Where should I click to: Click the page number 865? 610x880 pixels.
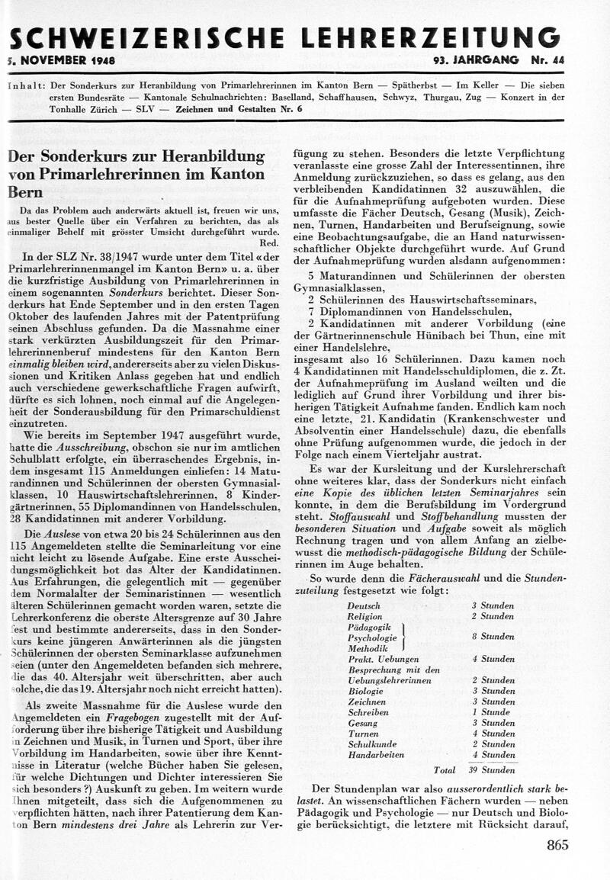coord(557,844)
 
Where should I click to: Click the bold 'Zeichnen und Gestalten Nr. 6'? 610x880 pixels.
coord(258,109)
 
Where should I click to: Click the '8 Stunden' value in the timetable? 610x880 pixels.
coord(492,636)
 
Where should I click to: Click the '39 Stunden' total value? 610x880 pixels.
coord(492,770)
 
